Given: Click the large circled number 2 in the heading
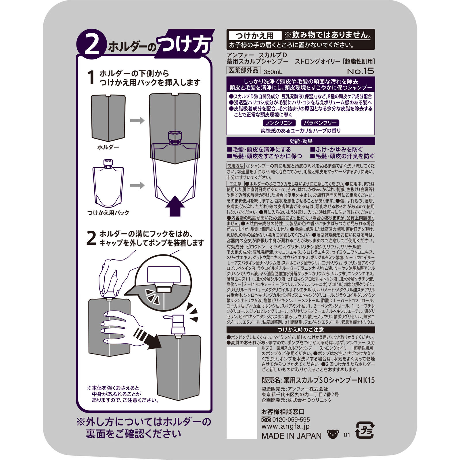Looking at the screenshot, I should click(x=91, y=46).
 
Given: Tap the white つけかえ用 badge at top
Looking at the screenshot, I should click(x=254, y=36).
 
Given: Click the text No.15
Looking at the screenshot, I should click(x=360, y=71).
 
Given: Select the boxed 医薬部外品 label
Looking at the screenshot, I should click(x=243, y=70).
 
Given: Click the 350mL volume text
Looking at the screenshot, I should click(x=273, y=72).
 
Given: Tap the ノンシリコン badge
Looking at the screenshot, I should click(x=279, y=123).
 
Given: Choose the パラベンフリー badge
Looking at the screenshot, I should click(x=320, y=123).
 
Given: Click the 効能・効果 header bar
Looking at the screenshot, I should click(x=300, y=141).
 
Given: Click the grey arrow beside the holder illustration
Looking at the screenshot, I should click(x=137, y=120).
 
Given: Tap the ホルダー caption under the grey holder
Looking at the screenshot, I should click(x=108, y=147).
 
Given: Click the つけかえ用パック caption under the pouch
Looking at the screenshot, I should click(x=108, y=213).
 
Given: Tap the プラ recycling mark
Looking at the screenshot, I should click(x=365, y=430).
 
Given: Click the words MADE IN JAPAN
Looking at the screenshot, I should click(x=291, y=436).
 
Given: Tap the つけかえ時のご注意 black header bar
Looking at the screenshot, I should click(x=300, y=329).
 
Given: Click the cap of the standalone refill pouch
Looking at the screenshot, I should click(x=108, y=163).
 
